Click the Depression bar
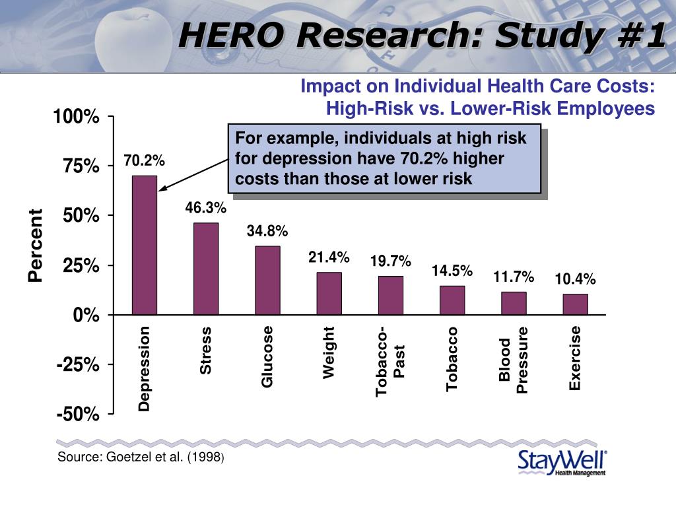(x=145, y=245)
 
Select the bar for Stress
(x=206, y=269)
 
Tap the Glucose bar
(x=267, y=281)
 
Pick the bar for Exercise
(x=575, y=304)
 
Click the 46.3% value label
(x=206, y=209)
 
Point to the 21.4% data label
(x=329, y=257)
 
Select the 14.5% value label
(x=452, y=271)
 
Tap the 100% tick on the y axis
(x=77, y=118)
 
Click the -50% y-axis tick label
(x=79, y=415)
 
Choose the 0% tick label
(x=86, y=316)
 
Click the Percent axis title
(x=35, y=245)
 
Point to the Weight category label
(x=329, y=353)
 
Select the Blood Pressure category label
(x=514, y=360)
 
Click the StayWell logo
(x=562, y=463)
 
